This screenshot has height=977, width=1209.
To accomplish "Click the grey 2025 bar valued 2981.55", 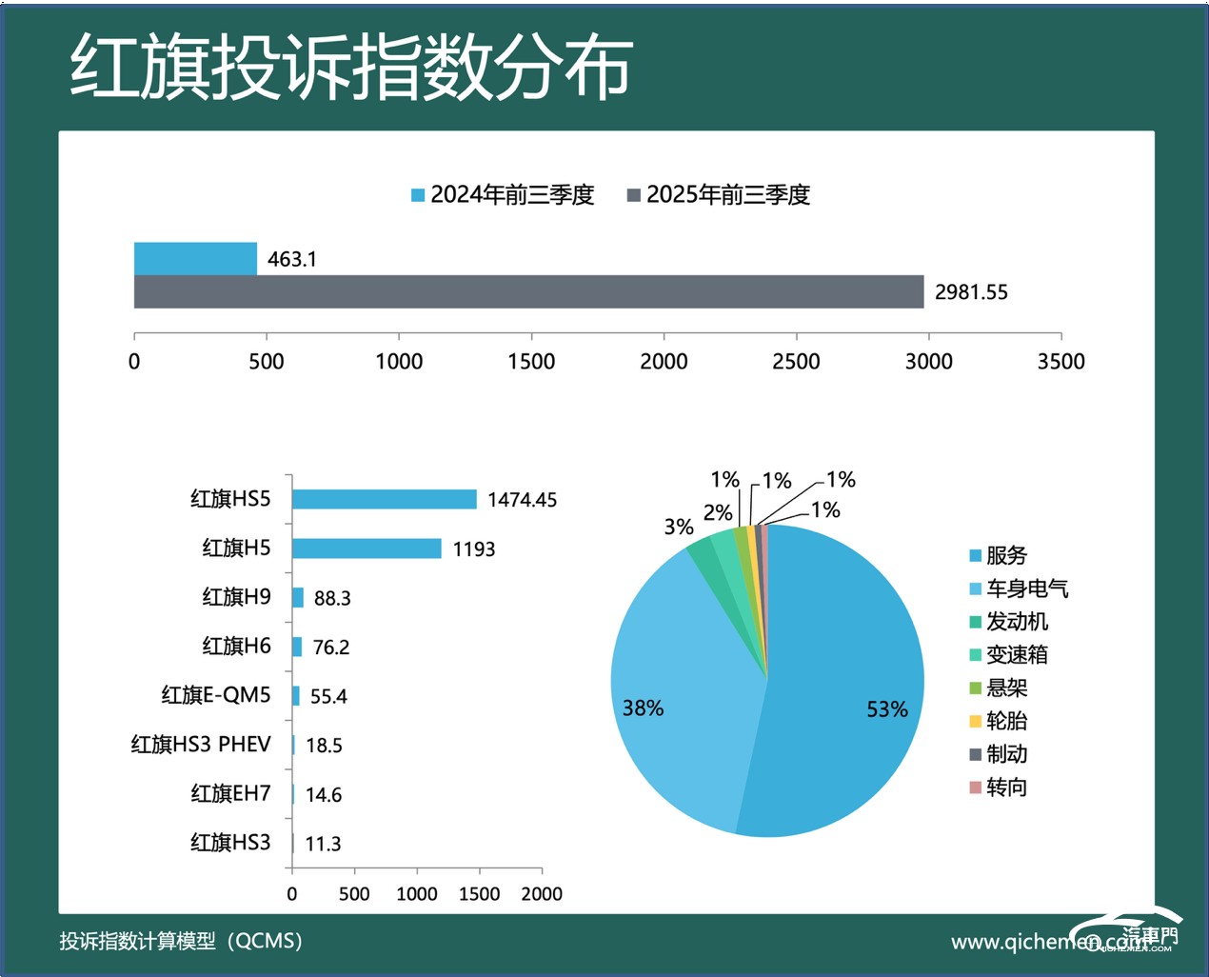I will click(528, 291).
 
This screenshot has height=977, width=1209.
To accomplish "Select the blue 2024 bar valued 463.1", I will click(195, 259).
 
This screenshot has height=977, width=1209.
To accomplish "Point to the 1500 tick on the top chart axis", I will click(531, 361).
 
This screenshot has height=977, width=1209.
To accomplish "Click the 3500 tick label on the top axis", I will click(1060, 361).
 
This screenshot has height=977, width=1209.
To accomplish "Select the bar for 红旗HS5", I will click(384, 499).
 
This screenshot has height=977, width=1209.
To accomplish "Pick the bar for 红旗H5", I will click(367, 548).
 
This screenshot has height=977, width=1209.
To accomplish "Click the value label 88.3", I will click(332, 598).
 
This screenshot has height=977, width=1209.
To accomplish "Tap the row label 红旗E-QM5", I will click(216, 695).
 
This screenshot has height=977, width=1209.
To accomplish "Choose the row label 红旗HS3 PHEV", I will click(201, 744).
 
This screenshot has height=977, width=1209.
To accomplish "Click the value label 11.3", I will click(323, 844).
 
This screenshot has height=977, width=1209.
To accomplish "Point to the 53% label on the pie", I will click(886, 709).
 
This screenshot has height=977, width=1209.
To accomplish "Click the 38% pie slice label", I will click(643, 708).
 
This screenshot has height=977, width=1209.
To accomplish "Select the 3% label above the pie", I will click(679, 527).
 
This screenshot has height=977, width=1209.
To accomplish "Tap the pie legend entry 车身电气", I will click(1026, 588).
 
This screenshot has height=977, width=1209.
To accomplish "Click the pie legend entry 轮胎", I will click(1006, 721).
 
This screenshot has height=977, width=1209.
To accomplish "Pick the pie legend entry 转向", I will click(1006, 788).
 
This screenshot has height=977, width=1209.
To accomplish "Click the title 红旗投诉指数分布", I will click(351, 69).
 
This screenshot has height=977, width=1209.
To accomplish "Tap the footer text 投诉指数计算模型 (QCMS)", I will click(181, 941).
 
